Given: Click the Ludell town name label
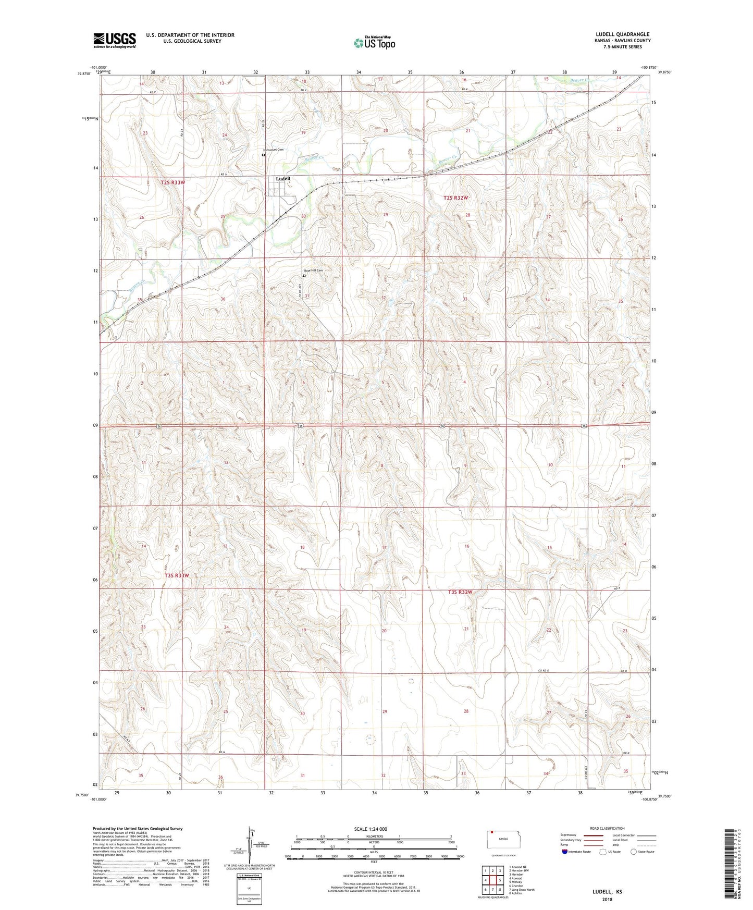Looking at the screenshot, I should click(283, 179).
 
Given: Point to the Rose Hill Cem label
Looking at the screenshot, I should click(314, 270).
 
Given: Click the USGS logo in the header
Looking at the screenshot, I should click(115, 40).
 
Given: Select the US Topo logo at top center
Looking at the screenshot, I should click(375, 43).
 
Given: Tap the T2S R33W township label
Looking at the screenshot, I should click(172, 182).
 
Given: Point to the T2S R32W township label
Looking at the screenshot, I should click(456, 198).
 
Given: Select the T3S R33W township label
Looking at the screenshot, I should click(177, 575).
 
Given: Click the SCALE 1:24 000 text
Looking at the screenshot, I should click(371, 829).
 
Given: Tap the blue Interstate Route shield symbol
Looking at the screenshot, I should click(565, 852).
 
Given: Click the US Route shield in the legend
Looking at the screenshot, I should click(603, 852).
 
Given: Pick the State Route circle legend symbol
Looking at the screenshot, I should click(633, 852).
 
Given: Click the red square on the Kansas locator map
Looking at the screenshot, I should click(491, 832).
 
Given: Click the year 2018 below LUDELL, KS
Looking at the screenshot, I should click(607, 899).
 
